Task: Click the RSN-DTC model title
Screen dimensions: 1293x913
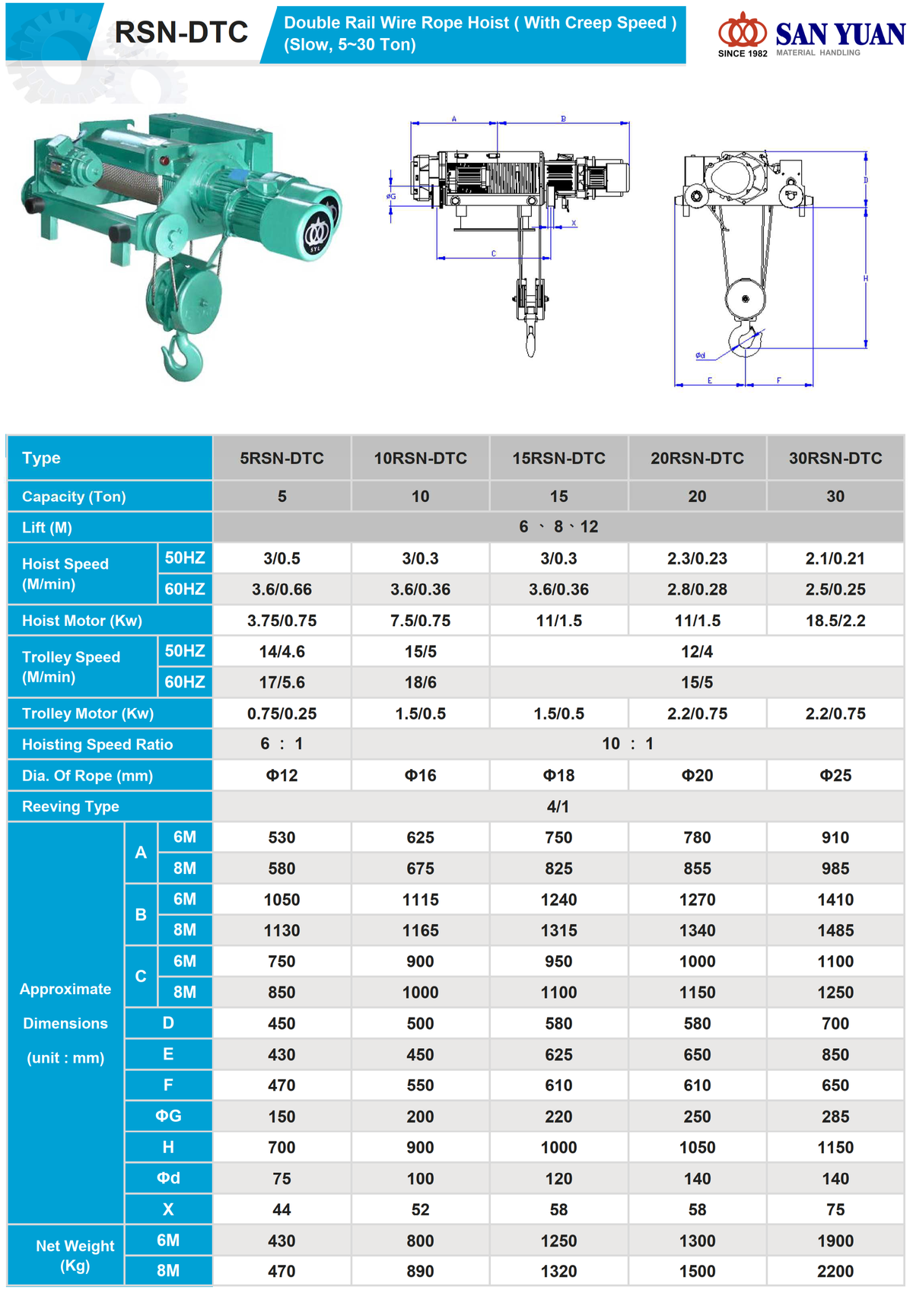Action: point(181,32)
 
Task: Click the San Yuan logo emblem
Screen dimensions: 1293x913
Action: point(742,30)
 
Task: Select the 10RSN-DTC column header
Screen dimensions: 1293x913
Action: point(420,458)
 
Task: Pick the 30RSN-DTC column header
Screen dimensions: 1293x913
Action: point(835,458)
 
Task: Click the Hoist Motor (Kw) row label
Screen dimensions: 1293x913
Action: point(82,621)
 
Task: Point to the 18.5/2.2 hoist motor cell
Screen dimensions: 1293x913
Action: point(835,621)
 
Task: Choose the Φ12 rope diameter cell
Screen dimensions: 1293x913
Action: point(282,776)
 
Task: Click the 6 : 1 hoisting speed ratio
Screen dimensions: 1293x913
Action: point(282,744)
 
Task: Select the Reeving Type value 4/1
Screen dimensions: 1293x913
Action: point(558,806)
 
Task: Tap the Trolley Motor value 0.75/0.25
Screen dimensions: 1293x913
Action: point(282,713)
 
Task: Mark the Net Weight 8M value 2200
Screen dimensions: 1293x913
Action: point(835,1271)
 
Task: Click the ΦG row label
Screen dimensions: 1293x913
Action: point(168,1116)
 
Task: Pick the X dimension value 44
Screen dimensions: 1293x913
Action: point(282,1209)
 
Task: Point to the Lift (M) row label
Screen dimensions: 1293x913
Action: point(47,527)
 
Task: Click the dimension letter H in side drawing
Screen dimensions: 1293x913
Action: point(865,279)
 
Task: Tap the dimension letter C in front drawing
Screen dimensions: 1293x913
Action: point(494,254)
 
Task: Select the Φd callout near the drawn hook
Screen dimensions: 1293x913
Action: point(700,355)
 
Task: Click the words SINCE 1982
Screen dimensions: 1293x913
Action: point(743,53)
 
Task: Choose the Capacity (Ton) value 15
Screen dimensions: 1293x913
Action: point(558,497)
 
